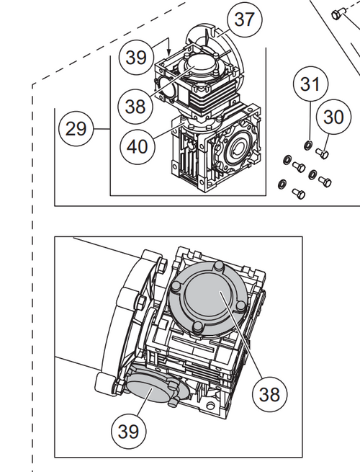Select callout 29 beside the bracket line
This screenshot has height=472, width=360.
(x=76, y=129)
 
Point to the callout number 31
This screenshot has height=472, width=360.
(x=310, y=84)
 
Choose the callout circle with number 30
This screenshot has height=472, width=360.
(x=333, y=117)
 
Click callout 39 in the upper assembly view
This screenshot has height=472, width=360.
(x=137, y=58)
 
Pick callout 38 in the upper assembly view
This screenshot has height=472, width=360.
(x=135, y=106)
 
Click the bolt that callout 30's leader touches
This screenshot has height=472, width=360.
(x=323, y=152)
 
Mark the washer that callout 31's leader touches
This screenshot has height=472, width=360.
(x=307, y=147)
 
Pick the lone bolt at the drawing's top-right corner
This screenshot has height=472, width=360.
(x=339, y=14)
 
